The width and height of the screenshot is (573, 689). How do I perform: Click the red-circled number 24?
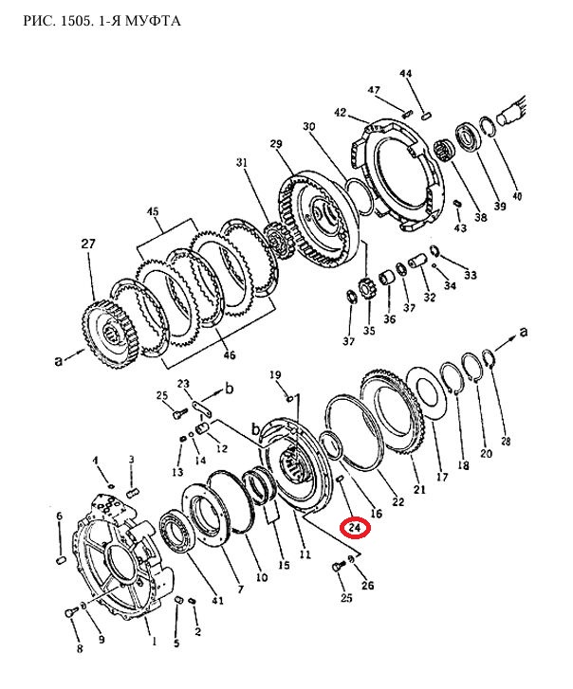click(355, 527)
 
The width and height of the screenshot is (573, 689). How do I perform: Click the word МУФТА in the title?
click(153, 21)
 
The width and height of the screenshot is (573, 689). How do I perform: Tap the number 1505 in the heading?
click(75, 21)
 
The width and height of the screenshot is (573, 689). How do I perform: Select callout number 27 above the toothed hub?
click(88, 243)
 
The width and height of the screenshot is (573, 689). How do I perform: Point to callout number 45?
click(153, 211)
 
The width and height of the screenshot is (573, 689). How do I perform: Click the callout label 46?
click(230, 354)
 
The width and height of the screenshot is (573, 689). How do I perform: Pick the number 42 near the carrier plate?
click(341, 113)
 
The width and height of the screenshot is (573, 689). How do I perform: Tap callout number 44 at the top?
click(405, 73)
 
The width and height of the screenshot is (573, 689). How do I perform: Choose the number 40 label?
click(517, 195)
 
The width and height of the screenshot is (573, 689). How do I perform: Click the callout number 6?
click(60, 517)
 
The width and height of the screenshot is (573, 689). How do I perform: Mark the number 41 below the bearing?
click(217, 600)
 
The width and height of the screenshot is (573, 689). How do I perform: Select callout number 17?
click(442, 477)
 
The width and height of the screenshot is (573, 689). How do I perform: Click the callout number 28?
click(506, 441)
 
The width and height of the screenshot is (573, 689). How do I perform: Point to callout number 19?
click(275, 374)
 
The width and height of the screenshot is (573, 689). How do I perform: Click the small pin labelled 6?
click(61, 560)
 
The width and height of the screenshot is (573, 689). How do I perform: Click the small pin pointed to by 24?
click(339, 480)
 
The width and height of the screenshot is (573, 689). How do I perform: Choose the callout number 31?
click(241, 163)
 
